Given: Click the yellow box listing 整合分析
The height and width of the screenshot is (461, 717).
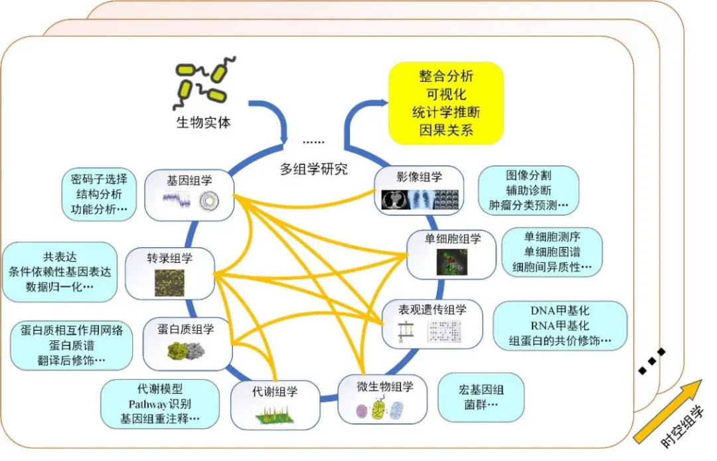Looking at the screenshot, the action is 446,104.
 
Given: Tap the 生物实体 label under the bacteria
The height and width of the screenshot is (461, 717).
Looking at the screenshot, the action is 204,123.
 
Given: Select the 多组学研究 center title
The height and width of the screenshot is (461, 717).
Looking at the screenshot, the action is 313,169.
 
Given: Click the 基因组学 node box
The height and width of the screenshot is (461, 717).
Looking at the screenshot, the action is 189,195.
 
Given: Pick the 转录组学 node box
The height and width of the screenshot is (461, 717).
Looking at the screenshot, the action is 170,274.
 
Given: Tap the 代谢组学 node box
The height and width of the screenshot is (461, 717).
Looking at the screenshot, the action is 275,405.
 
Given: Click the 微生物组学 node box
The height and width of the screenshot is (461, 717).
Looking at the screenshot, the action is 383,399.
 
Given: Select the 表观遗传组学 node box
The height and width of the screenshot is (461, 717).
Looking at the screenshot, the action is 432,323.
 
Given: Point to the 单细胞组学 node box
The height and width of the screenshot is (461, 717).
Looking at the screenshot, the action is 451,254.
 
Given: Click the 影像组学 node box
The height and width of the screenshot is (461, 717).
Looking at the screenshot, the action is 420,190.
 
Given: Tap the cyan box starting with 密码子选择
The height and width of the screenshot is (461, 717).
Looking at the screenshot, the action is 99,194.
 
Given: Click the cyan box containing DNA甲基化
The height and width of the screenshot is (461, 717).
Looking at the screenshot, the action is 560,325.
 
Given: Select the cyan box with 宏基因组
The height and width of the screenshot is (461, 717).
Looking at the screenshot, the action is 481,397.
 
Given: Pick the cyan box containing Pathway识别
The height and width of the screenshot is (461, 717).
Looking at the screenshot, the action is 159,404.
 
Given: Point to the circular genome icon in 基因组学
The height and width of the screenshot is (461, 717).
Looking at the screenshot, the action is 209,201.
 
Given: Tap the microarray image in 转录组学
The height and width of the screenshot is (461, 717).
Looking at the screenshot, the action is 170,282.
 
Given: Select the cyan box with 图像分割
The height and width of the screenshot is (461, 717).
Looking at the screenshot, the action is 528,190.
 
